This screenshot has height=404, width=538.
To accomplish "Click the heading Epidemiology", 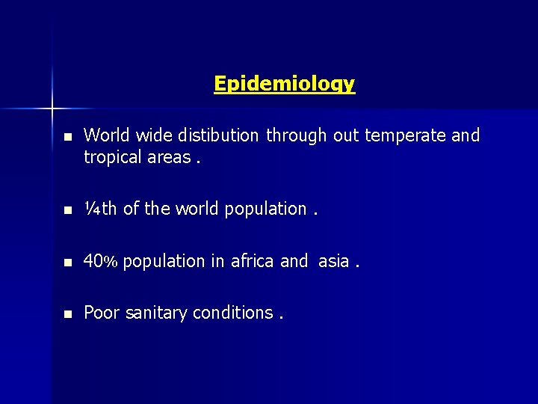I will (x=284, y=83).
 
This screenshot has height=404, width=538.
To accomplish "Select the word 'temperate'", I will (x=403, y=136).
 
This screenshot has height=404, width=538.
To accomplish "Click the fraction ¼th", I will (x=100, y=209).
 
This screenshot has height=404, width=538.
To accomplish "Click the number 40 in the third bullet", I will (x=93, y=261).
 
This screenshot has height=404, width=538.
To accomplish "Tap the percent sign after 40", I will (x=111, y=262).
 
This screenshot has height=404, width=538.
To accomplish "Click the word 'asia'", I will (x=333, y=262).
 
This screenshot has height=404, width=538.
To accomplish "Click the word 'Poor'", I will (x=100, y=313).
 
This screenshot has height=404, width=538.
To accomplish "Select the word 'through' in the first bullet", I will (x=297, y=136).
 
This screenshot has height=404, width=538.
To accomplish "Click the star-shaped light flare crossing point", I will (x=53, y=108).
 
